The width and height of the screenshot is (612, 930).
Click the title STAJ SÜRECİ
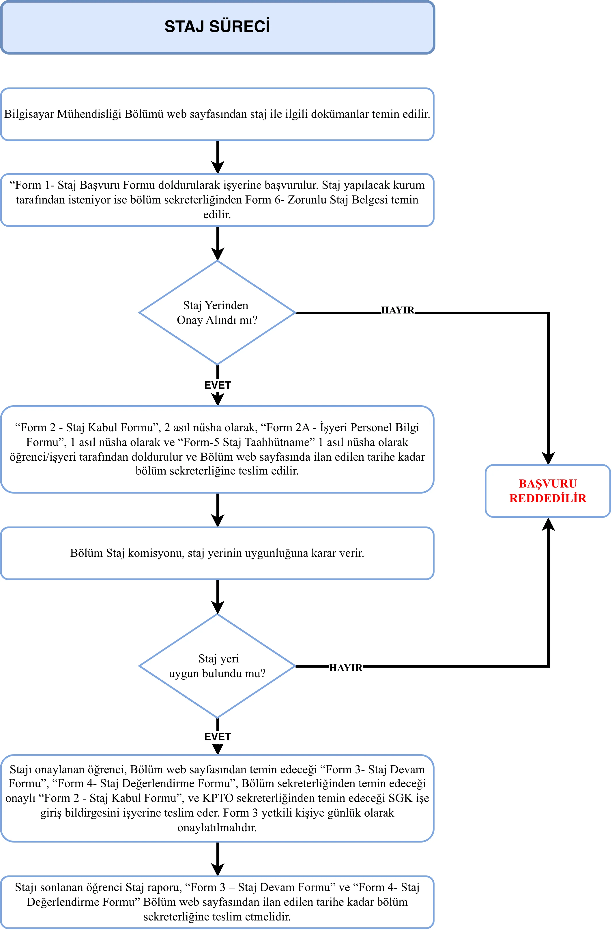217,27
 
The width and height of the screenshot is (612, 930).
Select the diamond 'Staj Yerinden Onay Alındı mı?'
217,313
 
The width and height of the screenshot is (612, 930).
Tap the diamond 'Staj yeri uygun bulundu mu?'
217,666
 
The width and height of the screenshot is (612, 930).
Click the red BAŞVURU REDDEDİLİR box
548,491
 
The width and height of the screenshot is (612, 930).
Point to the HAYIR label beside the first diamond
398,310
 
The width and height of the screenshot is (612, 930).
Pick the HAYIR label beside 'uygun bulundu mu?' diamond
346,667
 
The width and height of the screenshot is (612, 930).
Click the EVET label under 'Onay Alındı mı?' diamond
218,385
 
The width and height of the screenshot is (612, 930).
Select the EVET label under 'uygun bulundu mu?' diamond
218,737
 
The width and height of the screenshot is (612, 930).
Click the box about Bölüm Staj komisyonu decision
217,553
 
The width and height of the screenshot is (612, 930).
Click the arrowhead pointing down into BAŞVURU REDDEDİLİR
548,458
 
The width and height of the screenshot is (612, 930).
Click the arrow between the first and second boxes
218,157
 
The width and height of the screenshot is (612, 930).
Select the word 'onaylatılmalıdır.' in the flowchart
217,828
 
